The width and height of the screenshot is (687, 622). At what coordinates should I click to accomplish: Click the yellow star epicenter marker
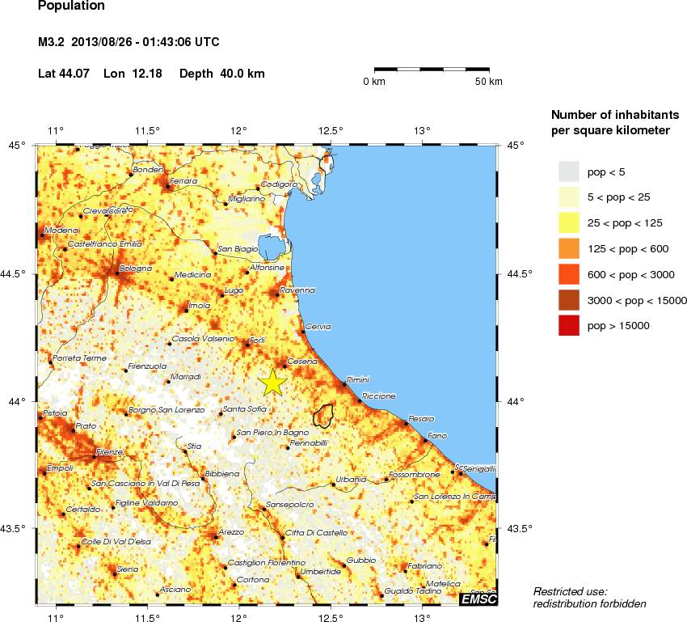click(x=273, y=381)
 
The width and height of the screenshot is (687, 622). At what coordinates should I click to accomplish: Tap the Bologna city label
click(x=136, y=268)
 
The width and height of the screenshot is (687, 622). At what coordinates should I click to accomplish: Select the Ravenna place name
click(x=297, y=290)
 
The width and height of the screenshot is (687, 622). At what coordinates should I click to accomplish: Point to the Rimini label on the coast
click(x=357, y=379)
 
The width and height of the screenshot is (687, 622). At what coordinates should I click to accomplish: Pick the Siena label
click(x=128, y=569)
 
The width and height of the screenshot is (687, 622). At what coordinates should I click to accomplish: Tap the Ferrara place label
click(x=184, y=181)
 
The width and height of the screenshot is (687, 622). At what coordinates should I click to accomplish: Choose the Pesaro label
click(x=422, y=418)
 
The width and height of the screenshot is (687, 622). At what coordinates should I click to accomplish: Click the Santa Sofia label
click(x=246, y=409)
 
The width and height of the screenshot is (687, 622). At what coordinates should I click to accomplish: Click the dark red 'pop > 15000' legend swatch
click(x=570, y=326)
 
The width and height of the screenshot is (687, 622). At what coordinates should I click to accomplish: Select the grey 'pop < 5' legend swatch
click(x=570, y=171)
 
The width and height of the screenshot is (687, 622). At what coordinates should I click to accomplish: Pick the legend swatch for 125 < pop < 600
click(x=570, y=248)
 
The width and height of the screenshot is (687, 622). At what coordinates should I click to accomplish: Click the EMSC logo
click(x=478, y=599)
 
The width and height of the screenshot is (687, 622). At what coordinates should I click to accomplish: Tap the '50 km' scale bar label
click(x=489, y=83)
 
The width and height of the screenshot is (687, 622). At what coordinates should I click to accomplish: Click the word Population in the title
click(x=71, y=6)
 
